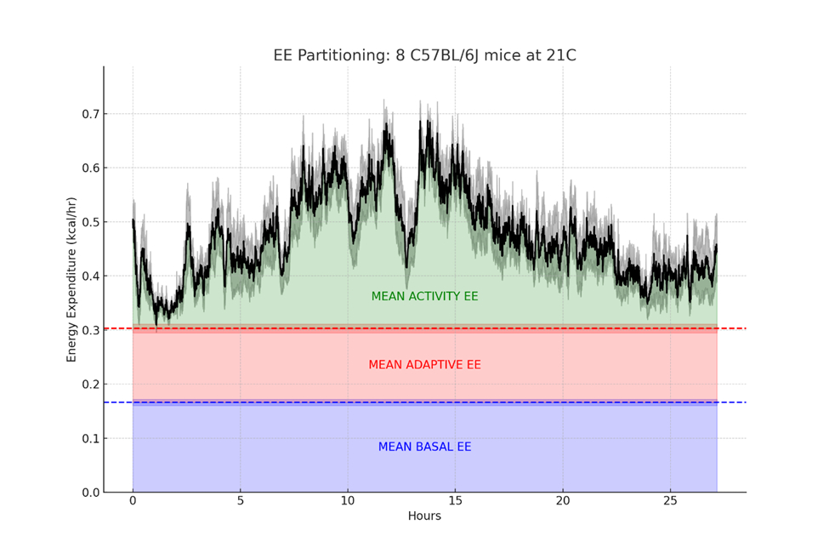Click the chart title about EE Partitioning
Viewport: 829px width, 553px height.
(x=424, y=55)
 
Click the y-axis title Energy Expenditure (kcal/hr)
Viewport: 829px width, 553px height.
(x=72, y=279)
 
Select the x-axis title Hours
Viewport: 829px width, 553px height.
(x=424, y=516)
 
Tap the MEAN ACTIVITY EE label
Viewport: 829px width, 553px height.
(x=424, y=297)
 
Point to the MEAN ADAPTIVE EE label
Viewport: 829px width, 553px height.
(x=424, y=365)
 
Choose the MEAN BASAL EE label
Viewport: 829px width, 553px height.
(x=424, y=448)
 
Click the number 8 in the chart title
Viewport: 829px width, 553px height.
(x=400, y=55)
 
